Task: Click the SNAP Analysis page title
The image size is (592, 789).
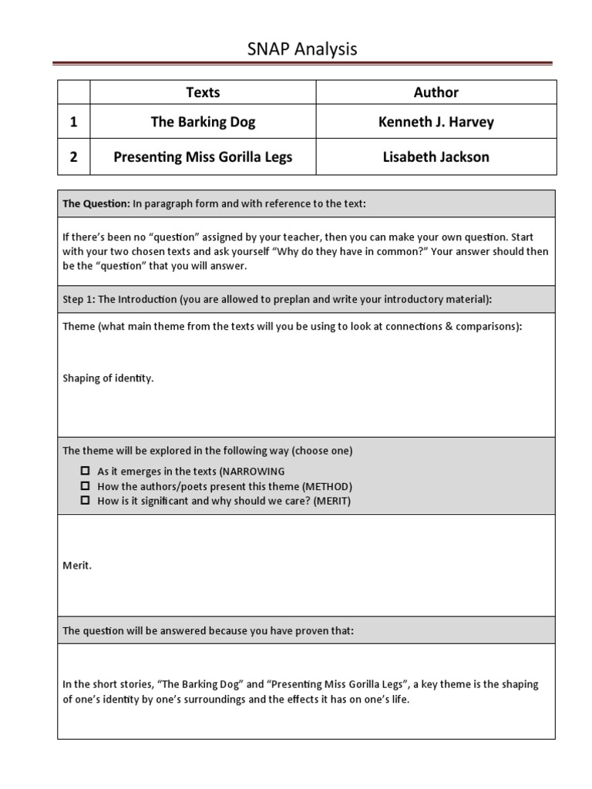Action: (x=302, y=49)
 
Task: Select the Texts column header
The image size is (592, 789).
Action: (x=203, y=92)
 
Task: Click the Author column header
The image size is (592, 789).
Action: (x=436, y=92)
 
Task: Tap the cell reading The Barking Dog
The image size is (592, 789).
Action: (x=203, y=122)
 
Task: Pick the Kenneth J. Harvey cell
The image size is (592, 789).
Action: (x=436, y=122)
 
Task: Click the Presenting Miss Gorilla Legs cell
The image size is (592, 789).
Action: (x=203, y=157)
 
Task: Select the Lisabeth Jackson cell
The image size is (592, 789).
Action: (x=436, y=157)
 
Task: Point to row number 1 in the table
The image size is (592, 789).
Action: (x=73, y=122)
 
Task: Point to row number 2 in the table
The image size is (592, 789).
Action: (x=73, y=157)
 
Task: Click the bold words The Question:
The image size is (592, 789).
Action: (x=96, y=203)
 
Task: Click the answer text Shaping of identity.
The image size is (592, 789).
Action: (x=108, y=378)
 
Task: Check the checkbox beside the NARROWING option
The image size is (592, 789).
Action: (x=86, y=471)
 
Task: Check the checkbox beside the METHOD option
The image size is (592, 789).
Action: (x=86, y=486)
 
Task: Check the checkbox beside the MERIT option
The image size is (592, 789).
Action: (x=86, y=501)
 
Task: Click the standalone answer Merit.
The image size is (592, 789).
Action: (x=77, y=566)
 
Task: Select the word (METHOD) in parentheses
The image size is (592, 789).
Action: (x=327, y=486)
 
